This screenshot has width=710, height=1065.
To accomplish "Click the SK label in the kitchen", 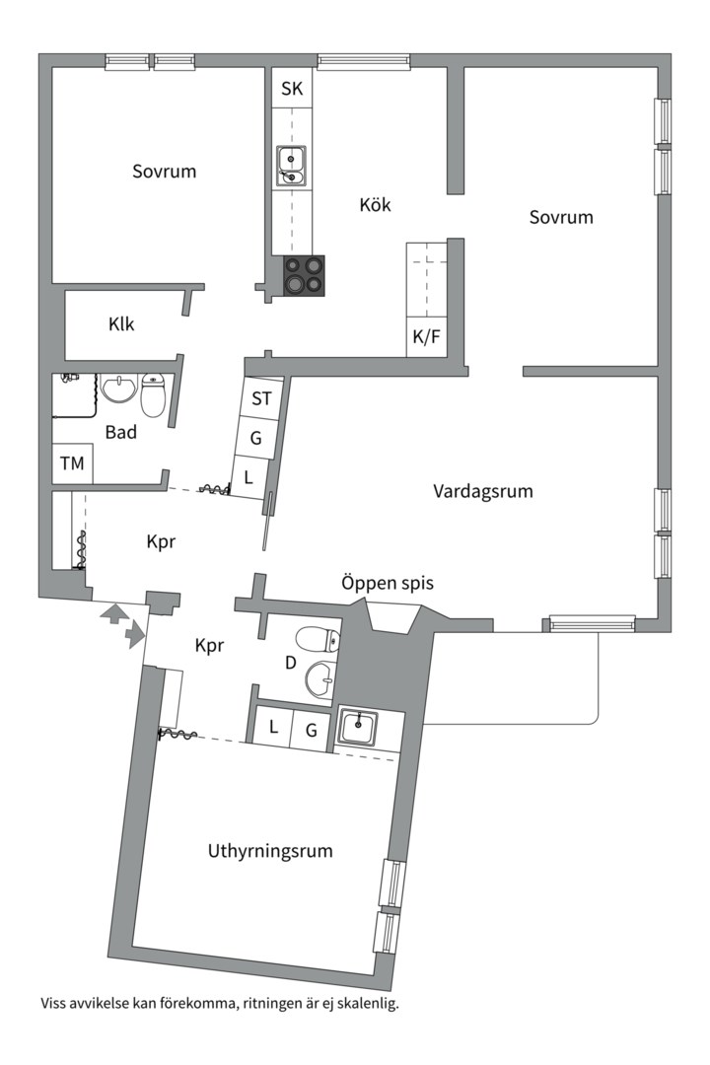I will (x=292, y=89).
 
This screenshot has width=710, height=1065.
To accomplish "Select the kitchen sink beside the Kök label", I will (x=291, y=166).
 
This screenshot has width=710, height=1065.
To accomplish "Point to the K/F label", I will (x=427, y=336).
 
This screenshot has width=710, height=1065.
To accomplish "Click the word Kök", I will (x=375, y=205).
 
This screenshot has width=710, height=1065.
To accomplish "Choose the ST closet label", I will (x=261, y=398).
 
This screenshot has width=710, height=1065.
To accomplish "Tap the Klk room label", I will (x=122, y=323).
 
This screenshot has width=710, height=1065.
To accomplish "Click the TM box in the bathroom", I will (x=72, y=463).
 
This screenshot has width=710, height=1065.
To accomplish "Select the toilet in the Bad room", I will (x=154, y=395).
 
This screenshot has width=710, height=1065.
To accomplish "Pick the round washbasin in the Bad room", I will (x=119, y=389).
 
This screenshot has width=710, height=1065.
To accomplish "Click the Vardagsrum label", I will (x=483, y=490).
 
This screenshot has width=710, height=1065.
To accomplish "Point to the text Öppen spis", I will (x=388, y=583).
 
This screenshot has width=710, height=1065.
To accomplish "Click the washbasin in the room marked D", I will (x=321, y=679).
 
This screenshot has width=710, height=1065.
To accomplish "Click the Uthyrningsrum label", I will (x=269, y=851).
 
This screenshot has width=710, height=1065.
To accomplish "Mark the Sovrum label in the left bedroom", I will (x=165, y=172).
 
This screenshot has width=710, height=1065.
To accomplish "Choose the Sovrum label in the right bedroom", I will (x=561, y=217).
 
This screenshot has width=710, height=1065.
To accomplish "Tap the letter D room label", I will (x=291, y=663).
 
